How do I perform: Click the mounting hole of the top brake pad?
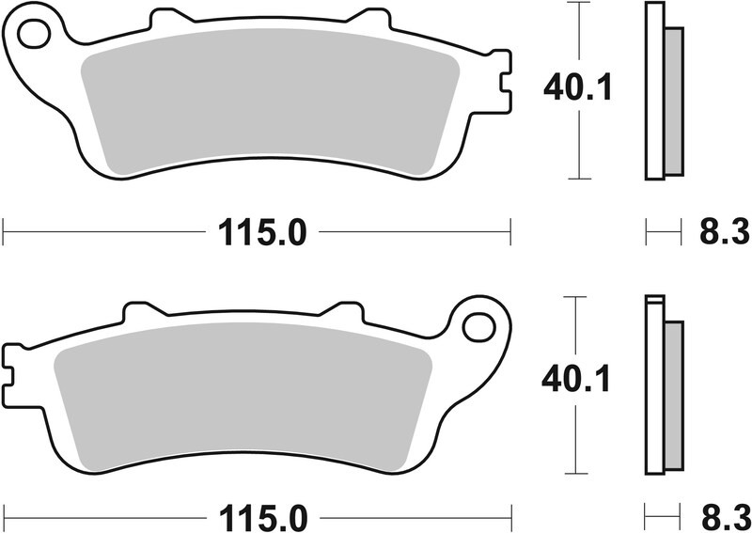(x=33, y=35)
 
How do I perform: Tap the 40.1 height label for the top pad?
(x=578, y=89)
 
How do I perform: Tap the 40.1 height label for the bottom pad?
(x=578, y=381)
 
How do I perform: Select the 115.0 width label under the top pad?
(x=262, y=231)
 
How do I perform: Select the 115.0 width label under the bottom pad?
(x=262, y=517)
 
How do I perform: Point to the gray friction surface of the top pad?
(x=268, y=103)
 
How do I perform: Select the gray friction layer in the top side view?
(x=673, y=102)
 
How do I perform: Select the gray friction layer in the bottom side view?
(x=673, y=395)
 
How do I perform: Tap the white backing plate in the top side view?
(x=652, y=94)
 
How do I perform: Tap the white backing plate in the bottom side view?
(x=652, y=385)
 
